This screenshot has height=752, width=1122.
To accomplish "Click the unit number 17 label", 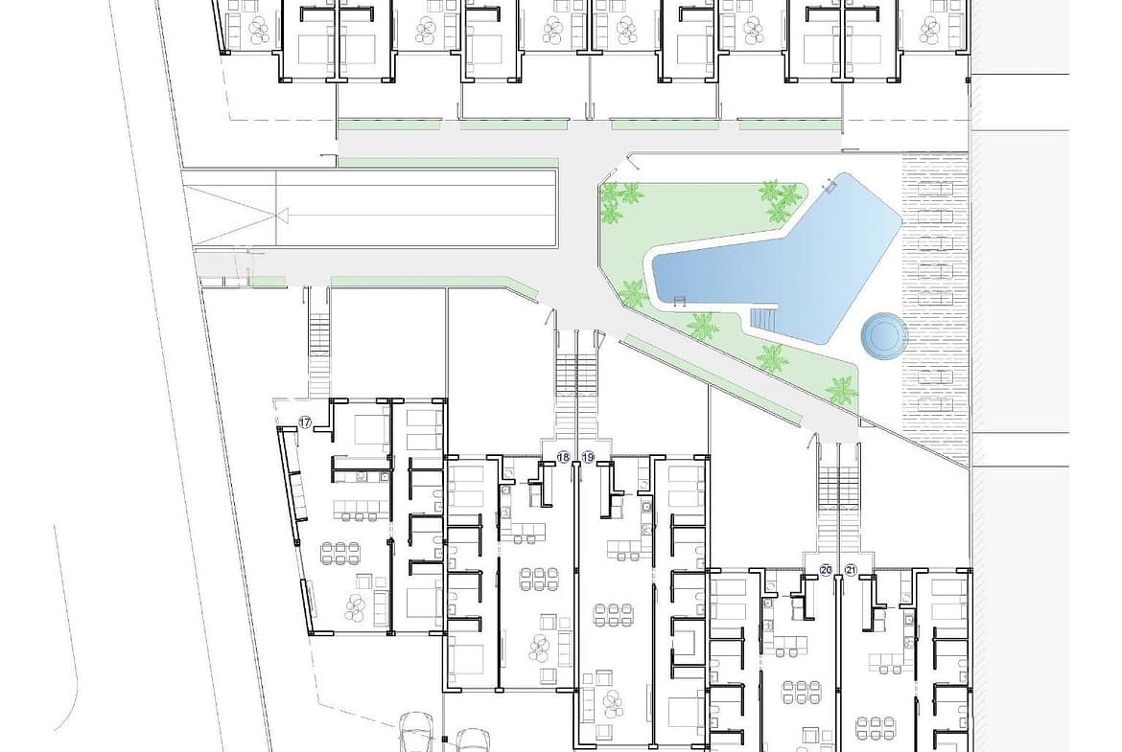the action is pyautogui.click(x=305, y=423).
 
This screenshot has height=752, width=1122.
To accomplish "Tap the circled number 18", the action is pyautogui.click(x=563, y=457).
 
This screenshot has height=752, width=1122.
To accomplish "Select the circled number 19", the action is pyautogui.click(x=588, y=457).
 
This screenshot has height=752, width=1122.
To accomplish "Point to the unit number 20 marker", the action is pyautogui.click(x=826, y=570).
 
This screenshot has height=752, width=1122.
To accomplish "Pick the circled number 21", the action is pyautogui.click(x=851, y=570).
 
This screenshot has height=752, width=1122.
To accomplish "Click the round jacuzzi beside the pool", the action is pyautogui.click(x=883, y=333).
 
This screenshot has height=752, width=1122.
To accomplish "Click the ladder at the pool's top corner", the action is pyautogui.click(x=830, y=187).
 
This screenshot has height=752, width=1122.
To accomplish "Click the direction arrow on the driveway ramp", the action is pyautogui.click(x=282, y=215).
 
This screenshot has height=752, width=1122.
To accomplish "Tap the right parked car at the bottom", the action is pyautogui.click(x=473, y=740).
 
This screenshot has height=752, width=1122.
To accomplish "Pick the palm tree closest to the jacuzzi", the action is pyautogui.click(x=842, y=390).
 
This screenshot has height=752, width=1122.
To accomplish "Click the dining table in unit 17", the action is pyautogui.click(x=339, y=553).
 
